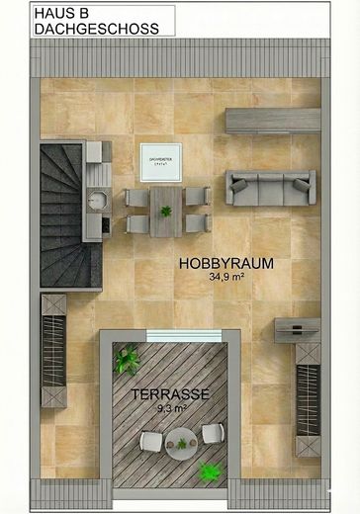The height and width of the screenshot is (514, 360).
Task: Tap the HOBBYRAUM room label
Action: (225, 264)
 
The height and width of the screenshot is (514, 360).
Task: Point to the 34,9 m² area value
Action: (225, 279)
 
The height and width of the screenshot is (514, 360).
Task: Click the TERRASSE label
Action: (170, 393)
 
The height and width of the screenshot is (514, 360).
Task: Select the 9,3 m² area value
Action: (170, 407)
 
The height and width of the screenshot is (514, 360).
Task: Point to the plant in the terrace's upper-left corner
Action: (125, 360)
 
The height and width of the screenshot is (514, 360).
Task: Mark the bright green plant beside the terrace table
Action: (209, 472)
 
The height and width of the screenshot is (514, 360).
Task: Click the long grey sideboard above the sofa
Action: (274, 120)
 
